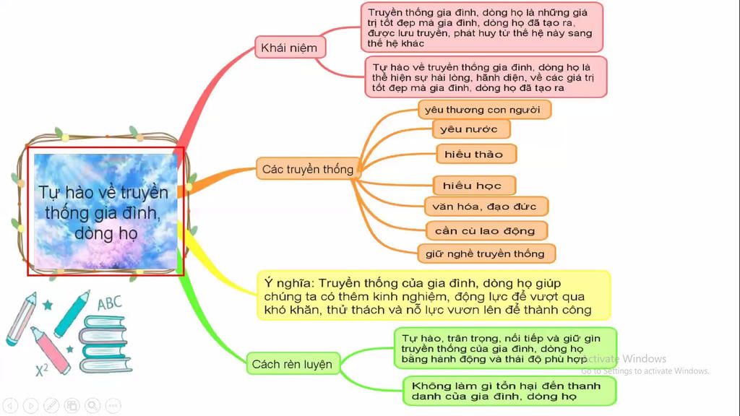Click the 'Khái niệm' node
click(x=290, y=48)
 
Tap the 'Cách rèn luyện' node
click(x=292, y=363)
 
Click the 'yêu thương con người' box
click(x=484, y=110)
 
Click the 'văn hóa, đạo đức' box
click(x=485, y=207)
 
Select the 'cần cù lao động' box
click(x=485, y=231)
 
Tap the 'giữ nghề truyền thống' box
click(x=485, y=253)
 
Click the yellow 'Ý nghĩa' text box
click(x=433, y=295)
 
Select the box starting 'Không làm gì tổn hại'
click(x=509, y=391)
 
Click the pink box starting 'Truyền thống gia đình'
click(x=481, y=27)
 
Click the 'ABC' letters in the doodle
click(x=110, y=303)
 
